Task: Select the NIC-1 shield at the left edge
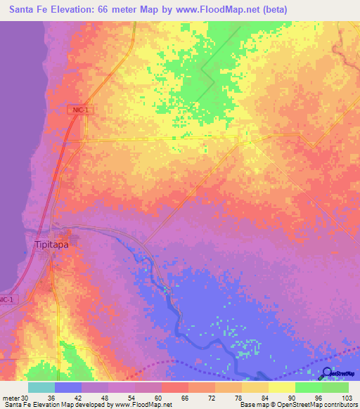click(x=6, y=299)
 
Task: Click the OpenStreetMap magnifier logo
click(x=326, y=373)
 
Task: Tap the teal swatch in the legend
click(x=41, y=387)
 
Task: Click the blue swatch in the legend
click(x=67, y=387)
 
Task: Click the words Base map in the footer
click(x=253, y=405)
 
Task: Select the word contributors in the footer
click(x=338, y=405)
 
